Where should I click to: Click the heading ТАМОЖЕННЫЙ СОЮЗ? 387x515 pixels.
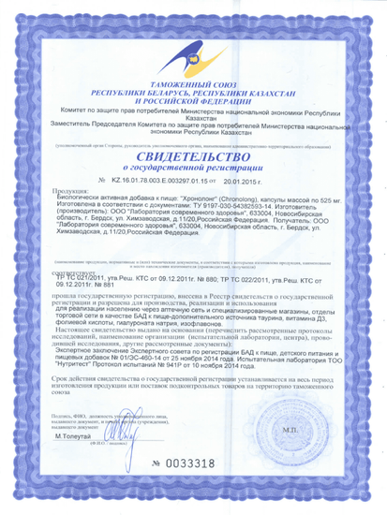pyautogui.click(x=194, y=83)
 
